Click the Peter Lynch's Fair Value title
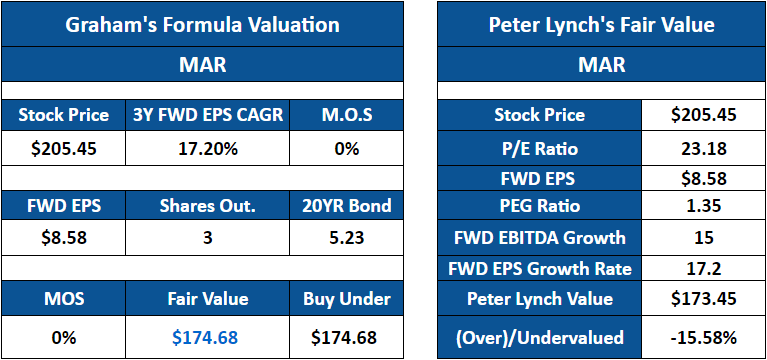point(601,25)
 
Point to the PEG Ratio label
point(539,209)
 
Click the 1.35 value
point(703,209)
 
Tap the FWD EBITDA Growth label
point(539,238)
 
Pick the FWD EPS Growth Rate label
point(539,268)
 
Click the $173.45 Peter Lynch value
point(703,298)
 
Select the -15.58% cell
point(703,337)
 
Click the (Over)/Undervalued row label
point(539,337)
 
